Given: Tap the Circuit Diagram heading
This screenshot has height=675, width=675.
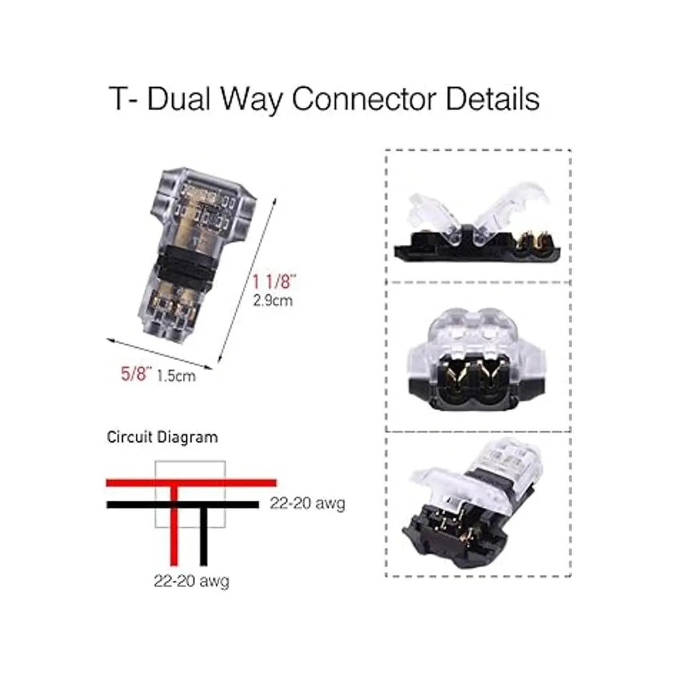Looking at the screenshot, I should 162,436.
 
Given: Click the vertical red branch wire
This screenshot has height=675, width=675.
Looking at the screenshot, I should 174,534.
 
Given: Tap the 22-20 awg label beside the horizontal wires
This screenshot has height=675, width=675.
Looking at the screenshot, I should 307,503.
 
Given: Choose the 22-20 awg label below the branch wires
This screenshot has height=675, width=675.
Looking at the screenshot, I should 191,580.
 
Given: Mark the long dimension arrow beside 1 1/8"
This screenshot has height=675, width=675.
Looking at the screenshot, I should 248,281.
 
